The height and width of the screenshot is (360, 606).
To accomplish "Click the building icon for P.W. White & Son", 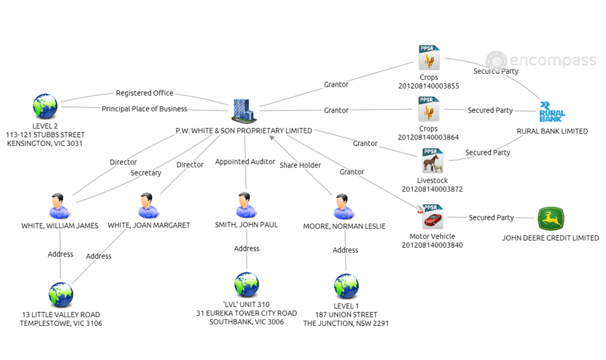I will click(x=243, y=110).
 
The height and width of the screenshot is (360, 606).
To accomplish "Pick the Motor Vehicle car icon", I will click(x=432, y=218).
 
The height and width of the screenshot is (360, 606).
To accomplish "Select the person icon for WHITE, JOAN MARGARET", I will click(x=148, y=206).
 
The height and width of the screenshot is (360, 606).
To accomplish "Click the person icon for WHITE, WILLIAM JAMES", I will click(x=59, y=206).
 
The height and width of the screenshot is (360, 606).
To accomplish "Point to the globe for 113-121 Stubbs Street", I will click(x=45, y=107).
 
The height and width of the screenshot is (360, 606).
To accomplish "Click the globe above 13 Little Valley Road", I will click(x=61, y=294).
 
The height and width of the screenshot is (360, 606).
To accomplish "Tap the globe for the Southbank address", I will click(x=246, y=285).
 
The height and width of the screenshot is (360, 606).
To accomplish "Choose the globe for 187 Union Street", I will click(x=345, y=286).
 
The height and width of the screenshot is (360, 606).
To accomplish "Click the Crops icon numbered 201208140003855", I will click(x=429, y=58).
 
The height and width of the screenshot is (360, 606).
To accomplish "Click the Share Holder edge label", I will click(x=300, y=165).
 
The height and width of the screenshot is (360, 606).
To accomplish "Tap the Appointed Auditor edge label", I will click(x=245, y=162).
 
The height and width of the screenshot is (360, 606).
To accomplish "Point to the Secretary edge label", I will click(x=146, y=173).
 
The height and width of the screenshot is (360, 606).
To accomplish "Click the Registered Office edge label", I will click(x=144, y=93).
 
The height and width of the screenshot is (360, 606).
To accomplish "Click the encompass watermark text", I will click(x=552, y=61).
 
